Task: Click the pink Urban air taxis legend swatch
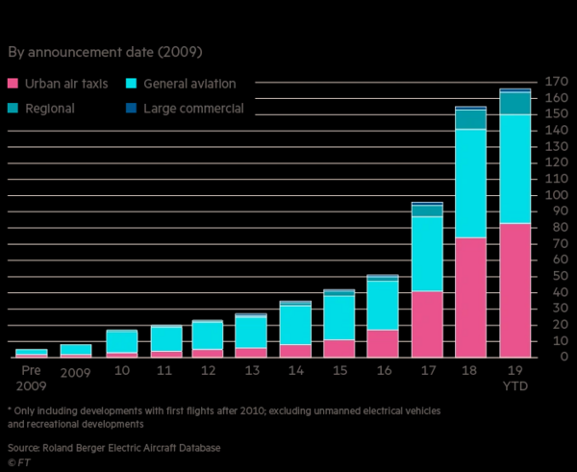coord(13,84)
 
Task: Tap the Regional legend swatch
coord(13,109)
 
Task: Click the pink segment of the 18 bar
coord(470,298)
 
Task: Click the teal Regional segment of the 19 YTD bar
coord(515,103)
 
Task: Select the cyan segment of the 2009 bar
coord(76,350)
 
